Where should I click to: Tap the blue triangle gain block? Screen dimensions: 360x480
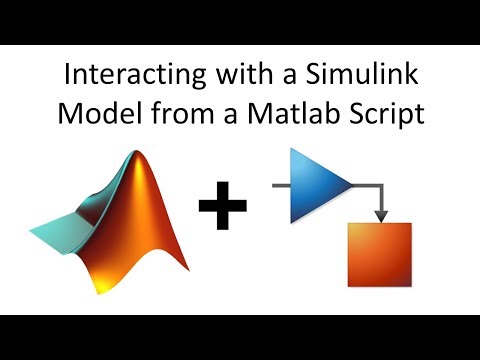[318, 186]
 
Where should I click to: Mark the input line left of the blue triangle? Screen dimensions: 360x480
[280, 186]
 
